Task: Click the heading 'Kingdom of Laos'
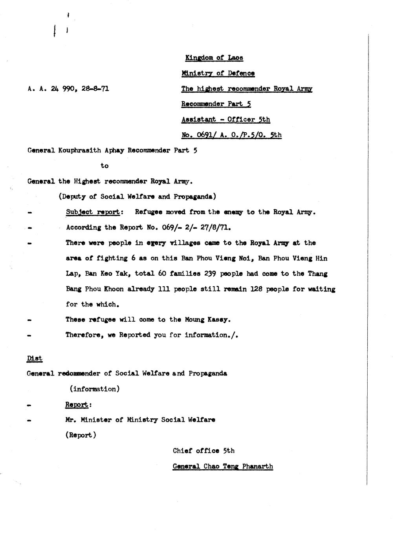[x=214, y=58]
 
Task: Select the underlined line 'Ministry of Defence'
[x=218, y=73]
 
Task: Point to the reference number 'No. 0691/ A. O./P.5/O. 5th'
[x=231, y=135]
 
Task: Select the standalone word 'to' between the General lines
[x=104, y=166]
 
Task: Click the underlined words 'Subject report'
[x=93, y=212]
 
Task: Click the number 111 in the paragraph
[x=164, y=289]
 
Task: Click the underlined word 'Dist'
[x=35, y=358]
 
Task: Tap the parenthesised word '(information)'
[x=95, y=389]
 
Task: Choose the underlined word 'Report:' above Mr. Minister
[x=79, y=405]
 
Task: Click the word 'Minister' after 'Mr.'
[x=96, y=420]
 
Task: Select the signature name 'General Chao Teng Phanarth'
[x=223, y=467]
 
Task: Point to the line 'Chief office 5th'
[x=203, y=451]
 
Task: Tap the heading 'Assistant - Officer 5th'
[x=225, y=119]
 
